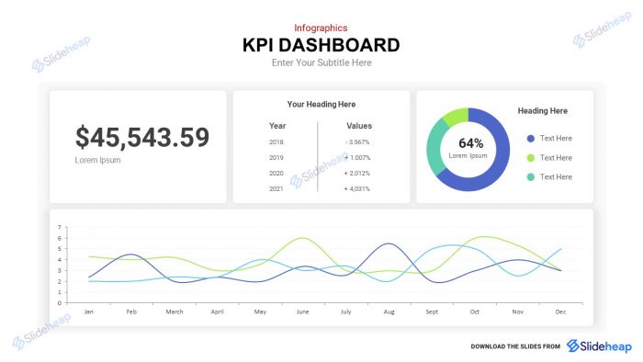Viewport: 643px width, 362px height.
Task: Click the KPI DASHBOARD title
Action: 321,45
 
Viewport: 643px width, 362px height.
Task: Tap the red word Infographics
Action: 321,28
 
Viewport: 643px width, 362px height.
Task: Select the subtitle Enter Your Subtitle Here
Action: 321,63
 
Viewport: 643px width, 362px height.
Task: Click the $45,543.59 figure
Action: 142,138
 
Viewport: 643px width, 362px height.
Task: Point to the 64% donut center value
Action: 470,143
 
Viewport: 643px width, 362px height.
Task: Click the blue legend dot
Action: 530,139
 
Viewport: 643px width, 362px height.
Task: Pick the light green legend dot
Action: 530,158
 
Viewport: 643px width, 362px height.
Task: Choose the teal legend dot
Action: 530,177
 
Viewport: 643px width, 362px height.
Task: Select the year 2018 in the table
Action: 276,142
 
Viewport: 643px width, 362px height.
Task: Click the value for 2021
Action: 357,189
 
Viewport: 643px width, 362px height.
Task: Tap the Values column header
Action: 359,126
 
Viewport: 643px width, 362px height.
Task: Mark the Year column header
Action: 277,126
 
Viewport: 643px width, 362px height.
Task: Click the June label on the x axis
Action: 303,311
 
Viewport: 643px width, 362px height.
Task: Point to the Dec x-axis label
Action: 560,311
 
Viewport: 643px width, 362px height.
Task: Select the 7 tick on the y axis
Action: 59,227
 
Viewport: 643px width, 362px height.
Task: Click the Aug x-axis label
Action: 389,311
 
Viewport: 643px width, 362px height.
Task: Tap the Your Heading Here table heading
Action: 321,105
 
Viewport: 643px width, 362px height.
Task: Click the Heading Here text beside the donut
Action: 542,111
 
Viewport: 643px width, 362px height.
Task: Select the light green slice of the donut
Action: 455,117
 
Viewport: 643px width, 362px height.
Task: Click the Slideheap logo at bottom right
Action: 599,345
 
